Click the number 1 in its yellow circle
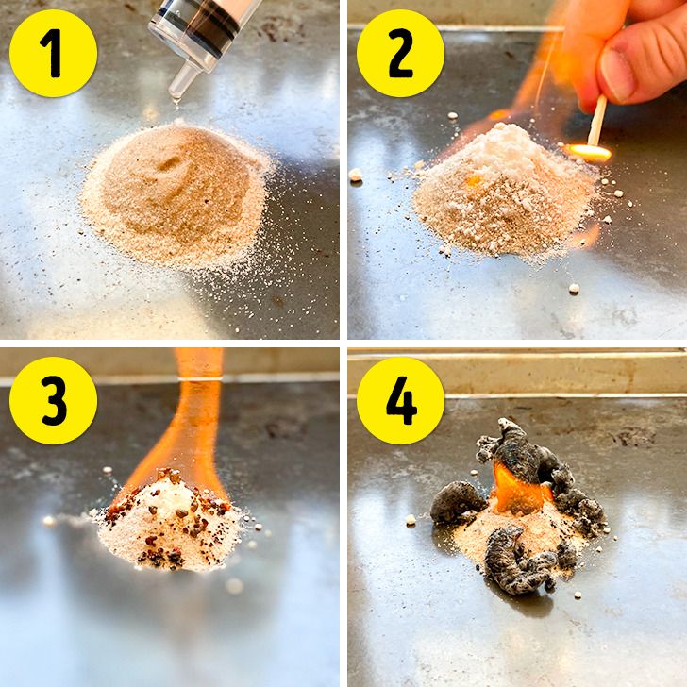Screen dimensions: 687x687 (x=52, y=54)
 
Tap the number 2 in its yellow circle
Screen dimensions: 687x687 (x=400, y=54)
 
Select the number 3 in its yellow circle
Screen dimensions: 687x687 (x=54, y=400)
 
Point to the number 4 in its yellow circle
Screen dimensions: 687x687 (x=401, y=400)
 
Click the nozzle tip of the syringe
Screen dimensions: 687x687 (x=176, y=93)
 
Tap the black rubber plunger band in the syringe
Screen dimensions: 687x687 (x=209, y=34)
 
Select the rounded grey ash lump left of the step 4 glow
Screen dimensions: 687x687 (x=457, y=501)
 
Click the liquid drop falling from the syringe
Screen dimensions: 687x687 (x=176, y=102)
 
